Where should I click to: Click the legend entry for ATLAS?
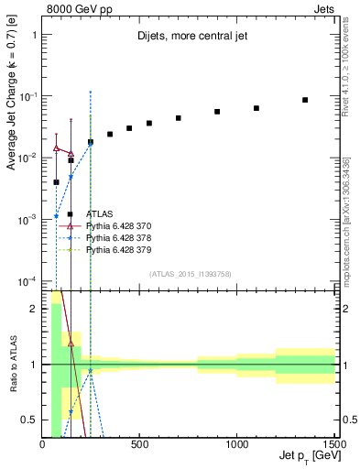[x=99, y=213]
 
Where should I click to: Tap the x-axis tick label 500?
[x=140, y=446]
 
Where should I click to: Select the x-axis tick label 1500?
[x=333, y=446]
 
